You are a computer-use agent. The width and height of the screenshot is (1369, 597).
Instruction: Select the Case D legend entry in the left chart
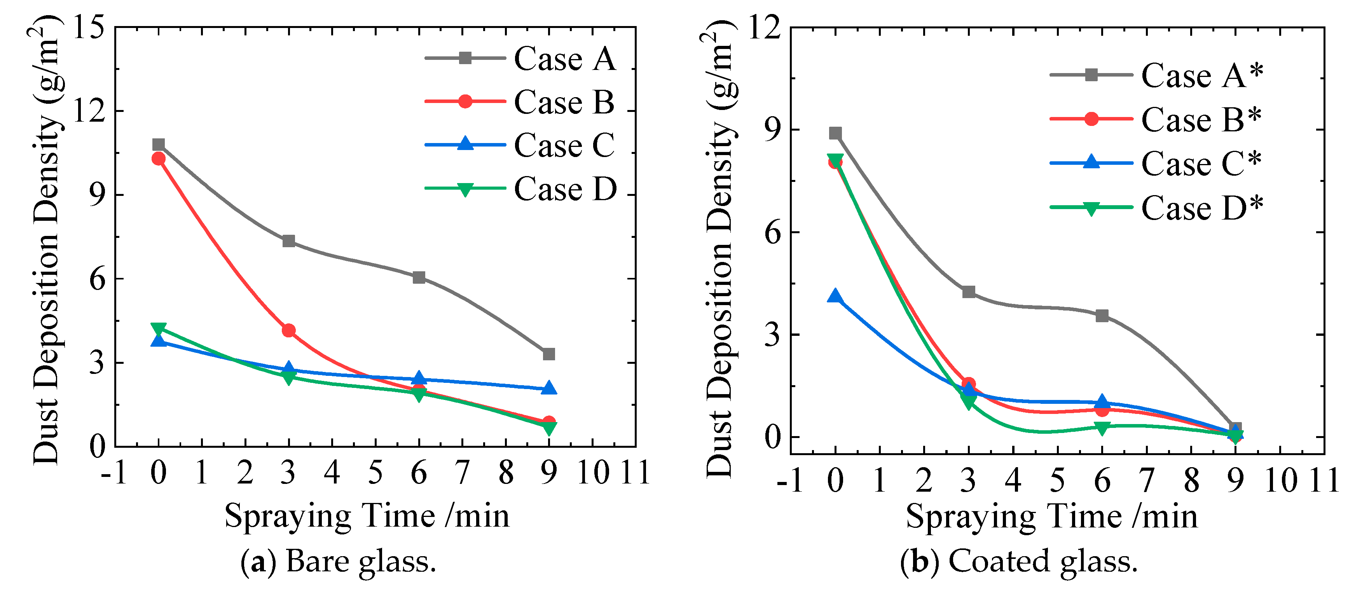[x=564, y=189]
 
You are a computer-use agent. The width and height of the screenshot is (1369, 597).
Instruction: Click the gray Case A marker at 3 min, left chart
[x=288, y=241]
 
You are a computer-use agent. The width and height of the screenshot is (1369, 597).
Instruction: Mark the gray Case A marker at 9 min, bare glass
[x=549, y=354]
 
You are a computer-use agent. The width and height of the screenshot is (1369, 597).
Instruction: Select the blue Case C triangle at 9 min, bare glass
[x=549, y=388]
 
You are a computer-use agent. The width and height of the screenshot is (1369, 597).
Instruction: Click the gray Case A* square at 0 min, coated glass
[x=835, y=133]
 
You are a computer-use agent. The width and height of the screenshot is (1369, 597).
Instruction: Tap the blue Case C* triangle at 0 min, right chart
[x=835, y=296]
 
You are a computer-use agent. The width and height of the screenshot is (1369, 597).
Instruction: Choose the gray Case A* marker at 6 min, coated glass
[x=1102, y=316]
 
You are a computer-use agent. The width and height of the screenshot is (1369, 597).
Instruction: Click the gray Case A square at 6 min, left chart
[x=419, y=277]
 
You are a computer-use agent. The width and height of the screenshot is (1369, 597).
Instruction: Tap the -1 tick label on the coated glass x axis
[x=790, y=480]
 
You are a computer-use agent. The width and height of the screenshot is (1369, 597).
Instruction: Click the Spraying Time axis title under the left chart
[x=367, y=516]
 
